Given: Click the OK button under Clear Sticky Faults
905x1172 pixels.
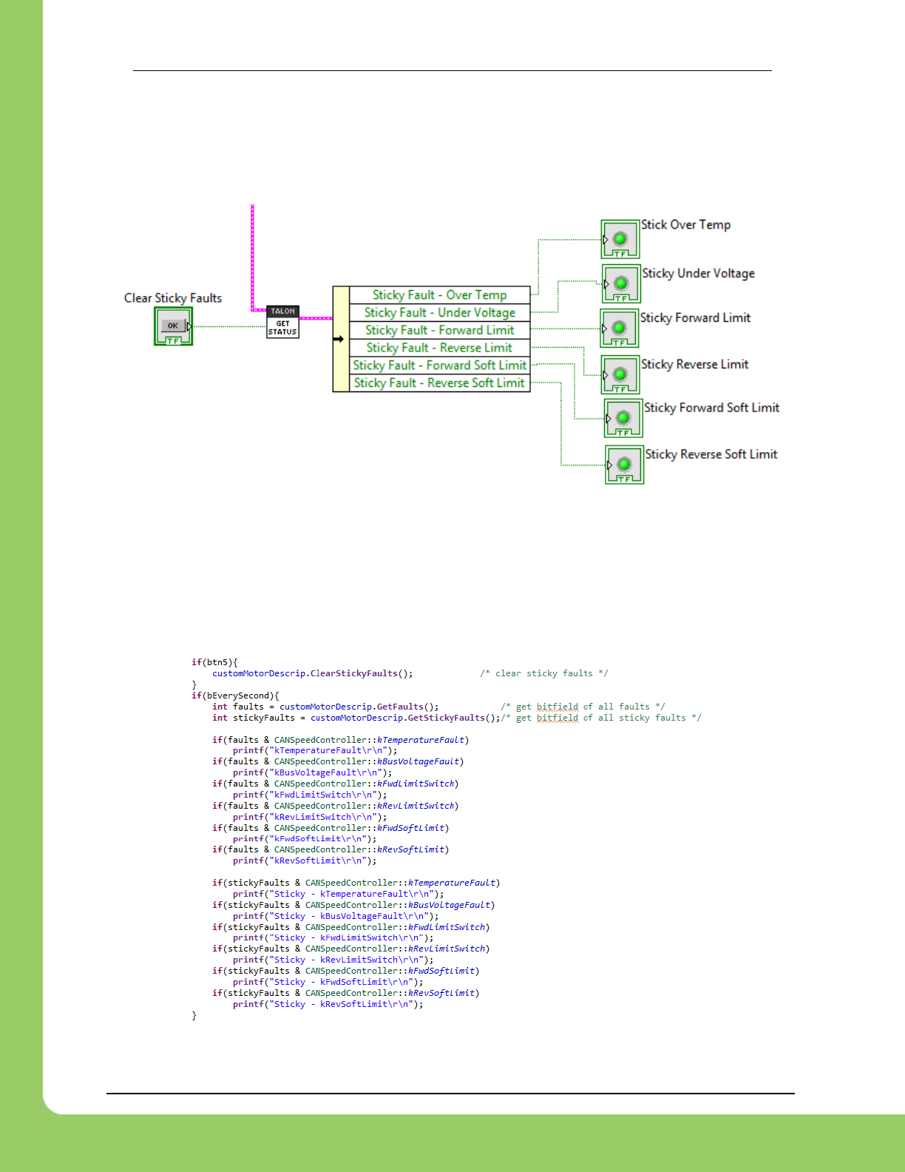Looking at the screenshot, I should click(173, 326).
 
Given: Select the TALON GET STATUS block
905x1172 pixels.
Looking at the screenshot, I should click(282, 323).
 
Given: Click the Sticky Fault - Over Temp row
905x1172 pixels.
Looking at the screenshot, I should click(439, 295).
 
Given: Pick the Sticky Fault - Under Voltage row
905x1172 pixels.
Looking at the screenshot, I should click(439, 313).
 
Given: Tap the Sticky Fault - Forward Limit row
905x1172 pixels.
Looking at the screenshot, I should click(439, 330).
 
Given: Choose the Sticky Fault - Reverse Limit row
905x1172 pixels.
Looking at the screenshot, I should click(439, 348).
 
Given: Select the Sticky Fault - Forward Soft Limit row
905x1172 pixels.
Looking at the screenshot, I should click(439, 366).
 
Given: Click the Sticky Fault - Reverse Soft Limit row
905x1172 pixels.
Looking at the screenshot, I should click(439, 383).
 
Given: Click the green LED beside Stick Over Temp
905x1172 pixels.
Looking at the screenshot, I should click(620, 238).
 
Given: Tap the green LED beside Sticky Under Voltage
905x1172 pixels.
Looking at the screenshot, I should click(621, 283).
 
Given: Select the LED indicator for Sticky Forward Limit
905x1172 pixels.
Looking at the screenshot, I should click(620, 328).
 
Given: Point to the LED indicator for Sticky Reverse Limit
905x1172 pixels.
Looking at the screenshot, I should click(620, 374).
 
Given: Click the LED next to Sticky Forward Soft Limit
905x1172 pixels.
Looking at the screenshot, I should click(623, 418).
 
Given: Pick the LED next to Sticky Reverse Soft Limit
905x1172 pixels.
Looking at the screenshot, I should click(624, 465).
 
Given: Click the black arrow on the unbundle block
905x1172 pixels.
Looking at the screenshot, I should click(339, 339).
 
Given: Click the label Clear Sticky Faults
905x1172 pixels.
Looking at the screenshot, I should click(173, 298).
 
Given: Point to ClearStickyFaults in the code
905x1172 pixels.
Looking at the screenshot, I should click(353, 673).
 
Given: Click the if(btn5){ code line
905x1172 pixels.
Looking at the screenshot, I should click(214, 662).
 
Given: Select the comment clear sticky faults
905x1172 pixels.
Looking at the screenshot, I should click(543, 673).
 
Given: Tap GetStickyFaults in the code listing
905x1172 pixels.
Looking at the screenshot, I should click(446, 718).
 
